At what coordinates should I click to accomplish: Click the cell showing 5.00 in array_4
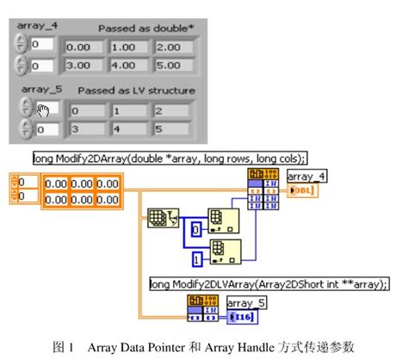tap(171, 65)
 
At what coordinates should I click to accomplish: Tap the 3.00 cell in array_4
tap(83, 65)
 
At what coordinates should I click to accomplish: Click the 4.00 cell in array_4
tap(127, 65)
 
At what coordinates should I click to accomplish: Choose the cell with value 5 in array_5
tap(171, 129)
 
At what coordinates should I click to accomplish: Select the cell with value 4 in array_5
tap(127, 129)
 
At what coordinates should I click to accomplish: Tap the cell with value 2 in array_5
tap(171, 109)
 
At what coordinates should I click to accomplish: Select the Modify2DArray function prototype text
tap(170, 158)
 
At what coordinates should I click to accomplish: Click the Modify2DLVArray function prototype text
tap(269, 282)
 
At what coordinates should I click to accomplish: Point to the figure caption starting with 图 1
tap(203, 347)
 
